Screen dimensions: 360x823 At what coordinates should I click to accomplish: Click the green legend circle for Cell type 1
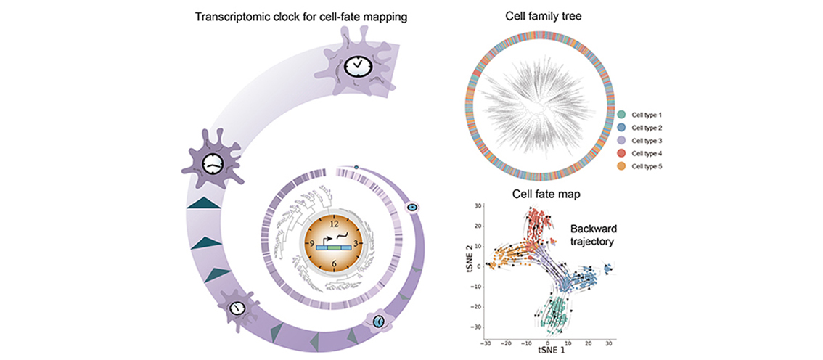(x=622, y=115)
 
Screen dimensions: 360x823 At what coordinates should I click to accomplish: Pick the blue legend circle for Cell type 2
(x=622, y=128)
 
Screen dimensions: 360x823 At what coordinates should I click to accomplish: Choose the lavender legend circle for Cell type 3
(x=622, y=141)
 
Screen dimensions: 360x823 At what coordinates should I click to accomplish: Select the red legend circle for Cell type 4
(x=622, y=154)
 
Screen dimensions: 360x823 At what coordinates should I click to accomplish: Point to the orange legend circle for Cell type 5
(x=622, y=167)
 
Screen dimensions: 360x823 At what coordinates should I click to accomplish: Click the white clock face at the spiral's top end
(x=359, y=66)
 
